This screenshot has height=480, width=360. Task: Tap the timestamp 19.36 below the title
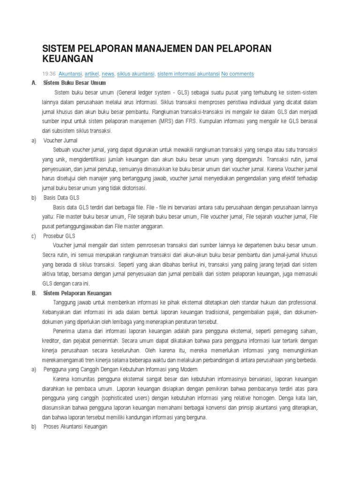pos(49,74)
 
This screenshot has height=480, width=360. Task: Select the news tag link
pos(108,74)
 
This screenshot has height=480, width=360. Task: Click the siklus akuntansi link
pos(135,74)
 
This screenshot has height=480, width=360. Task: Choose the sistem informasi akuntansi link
pos(188,74)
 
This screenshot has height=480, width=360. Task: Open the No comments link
pos(238,74)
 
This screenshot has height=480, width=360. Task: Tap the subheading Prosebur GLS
pos(59,236)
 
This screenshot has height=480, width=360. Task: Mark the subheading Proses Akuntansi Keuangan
pos(75,427)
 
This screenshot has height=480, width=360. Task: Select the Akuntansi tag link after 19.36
pos(70,74)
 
